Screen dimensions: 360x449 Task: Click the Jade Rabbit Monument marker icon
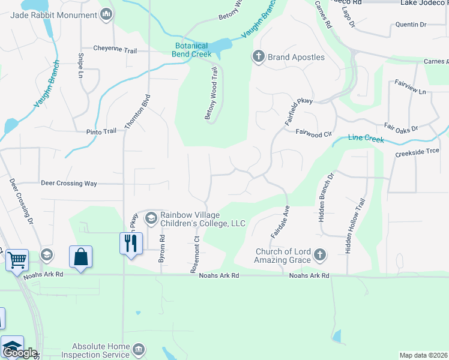[x=106, y=14]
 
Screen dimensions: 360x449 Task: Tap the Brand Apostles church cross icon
[x=259, y=57]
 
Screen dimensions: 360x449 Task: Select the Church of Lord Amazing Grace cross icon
[x=319, y=256]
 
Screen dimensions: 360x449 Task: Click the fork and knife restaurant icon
[x=130, y=243]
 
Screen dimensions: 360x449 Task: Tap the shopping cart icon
[x=17, y=260]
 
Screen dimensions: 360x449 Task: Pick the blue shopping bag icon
[x=80, y=257]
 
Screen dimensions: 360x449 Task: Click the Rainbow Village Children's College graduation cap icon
[x=151, y=216]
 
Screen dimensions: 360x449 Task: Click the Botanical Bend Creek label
[x=193, y=50]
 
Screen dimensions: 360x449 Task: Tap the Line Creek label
[x=366, y=139]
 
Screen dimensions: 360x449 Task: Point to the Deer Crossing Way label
[x=68, y=183]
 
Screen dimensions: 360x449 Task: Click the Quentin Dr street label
[x=411, y=25]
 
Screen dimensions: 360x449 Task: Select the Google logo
[x=19, y=353]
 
